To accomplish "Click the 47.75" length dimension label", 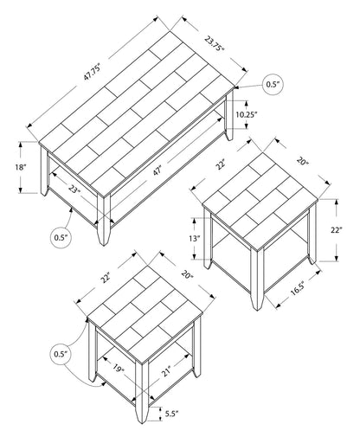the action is tap(92, 72).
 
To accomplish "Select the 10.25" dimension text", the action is tap(247, 115).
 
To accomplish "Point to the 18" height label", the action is tap(21, 167).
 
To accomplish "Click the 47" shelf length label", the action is tap(157, 171).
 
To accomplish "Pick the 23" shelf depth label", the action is tap(74, 189).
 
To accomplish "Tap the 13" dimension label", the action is tap(195, 239).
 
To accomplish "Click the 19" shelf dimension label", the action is tap(119, 369).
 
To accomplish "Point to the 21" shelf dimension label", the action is tap(165, 371).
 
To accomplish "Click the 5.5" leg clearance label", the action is tap(172, 414).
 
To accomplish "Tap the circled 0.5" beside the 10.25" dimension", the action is tap(273, 85).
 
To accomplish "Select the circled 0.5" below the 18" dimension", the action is tap(61, 238).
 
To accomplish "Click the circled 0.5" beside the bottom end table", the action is tap(60, 354).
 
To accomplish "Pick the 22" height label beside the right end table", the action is tap(336, 230).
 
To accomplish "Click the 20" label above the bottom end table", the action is tap(187, 274).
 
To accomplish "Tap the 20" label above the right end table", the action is tap(303, 161).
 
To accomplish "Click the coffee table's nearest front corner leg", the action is tap(104, 220).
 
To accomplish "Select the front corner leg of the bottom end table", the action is tap(142, 392).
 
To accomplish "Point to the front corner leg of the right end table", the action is tap(257, 280).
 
